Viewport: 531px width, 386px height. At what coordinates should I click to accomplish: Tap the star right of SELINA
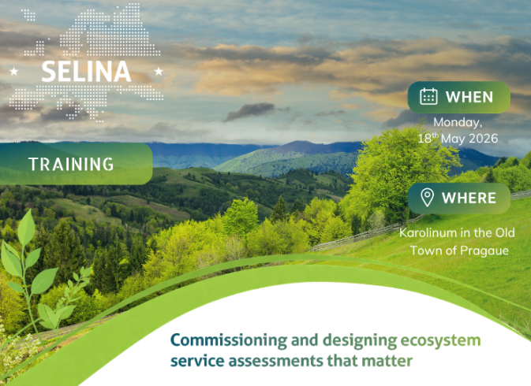click(x=159, y=72)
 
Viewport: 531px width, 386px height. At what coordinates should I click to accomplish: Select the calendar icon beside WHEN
click(x=428, y=97)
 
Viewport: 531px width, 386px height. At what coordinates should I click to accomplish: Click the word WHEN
click(x=469, y=97)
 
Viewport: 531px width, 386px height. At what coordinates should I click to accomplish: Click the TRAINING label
click(x=71, y=164)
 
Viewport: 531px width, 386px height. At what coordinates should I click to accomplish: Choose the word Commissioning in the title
click(x=218, y=340)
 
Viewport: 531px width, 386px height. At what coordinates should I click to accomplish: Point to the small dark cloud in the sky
click(x=250, y=111)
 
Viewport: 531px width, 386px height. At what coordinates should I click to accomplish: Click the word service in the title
click(x=193, y=362)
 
